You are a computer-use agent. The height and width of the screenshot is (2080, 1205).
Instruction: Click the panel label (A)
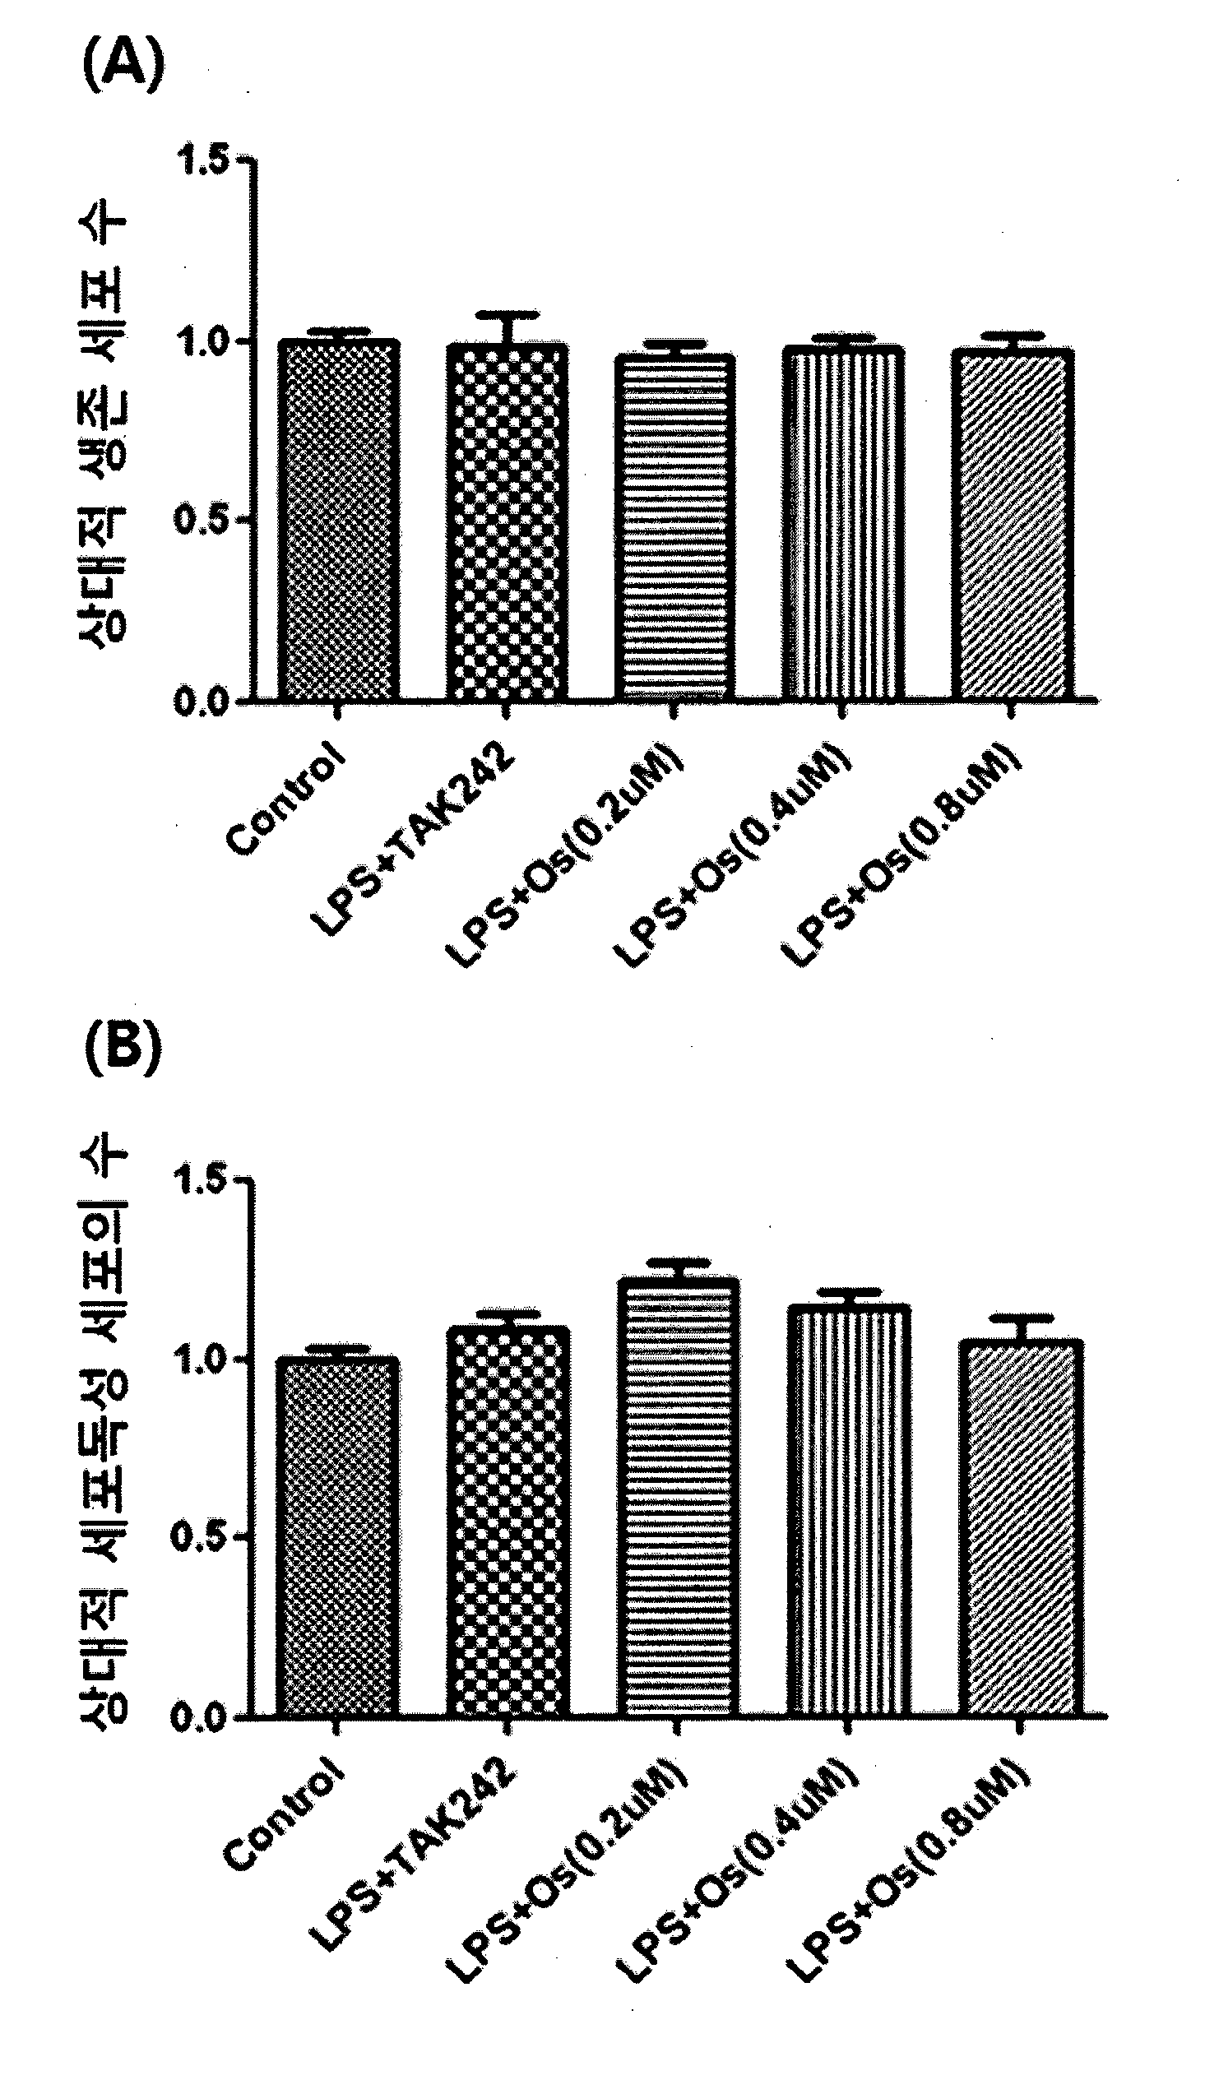click(124, 66)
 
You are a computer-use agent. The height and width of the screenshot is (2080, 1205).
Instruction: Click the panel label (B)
click(123, 1048)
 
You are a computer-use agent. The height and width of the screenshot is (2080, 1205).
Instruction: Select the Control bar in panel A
click(338, 520)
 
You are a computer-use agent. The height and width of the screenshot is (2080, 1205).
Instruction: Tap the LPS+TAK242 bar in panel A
click(507, 521)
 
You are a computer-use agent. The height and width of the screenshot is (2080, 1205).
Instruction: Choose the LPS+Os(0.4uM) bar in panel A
click(842, 524)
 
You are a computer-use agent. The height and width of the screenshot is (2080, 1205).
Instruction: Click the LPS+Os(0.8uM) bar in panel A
click(1013, 525)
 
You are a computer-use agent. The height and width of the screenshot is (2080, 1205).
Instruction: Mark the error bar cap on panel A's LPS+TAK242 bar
click(507, 315)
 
